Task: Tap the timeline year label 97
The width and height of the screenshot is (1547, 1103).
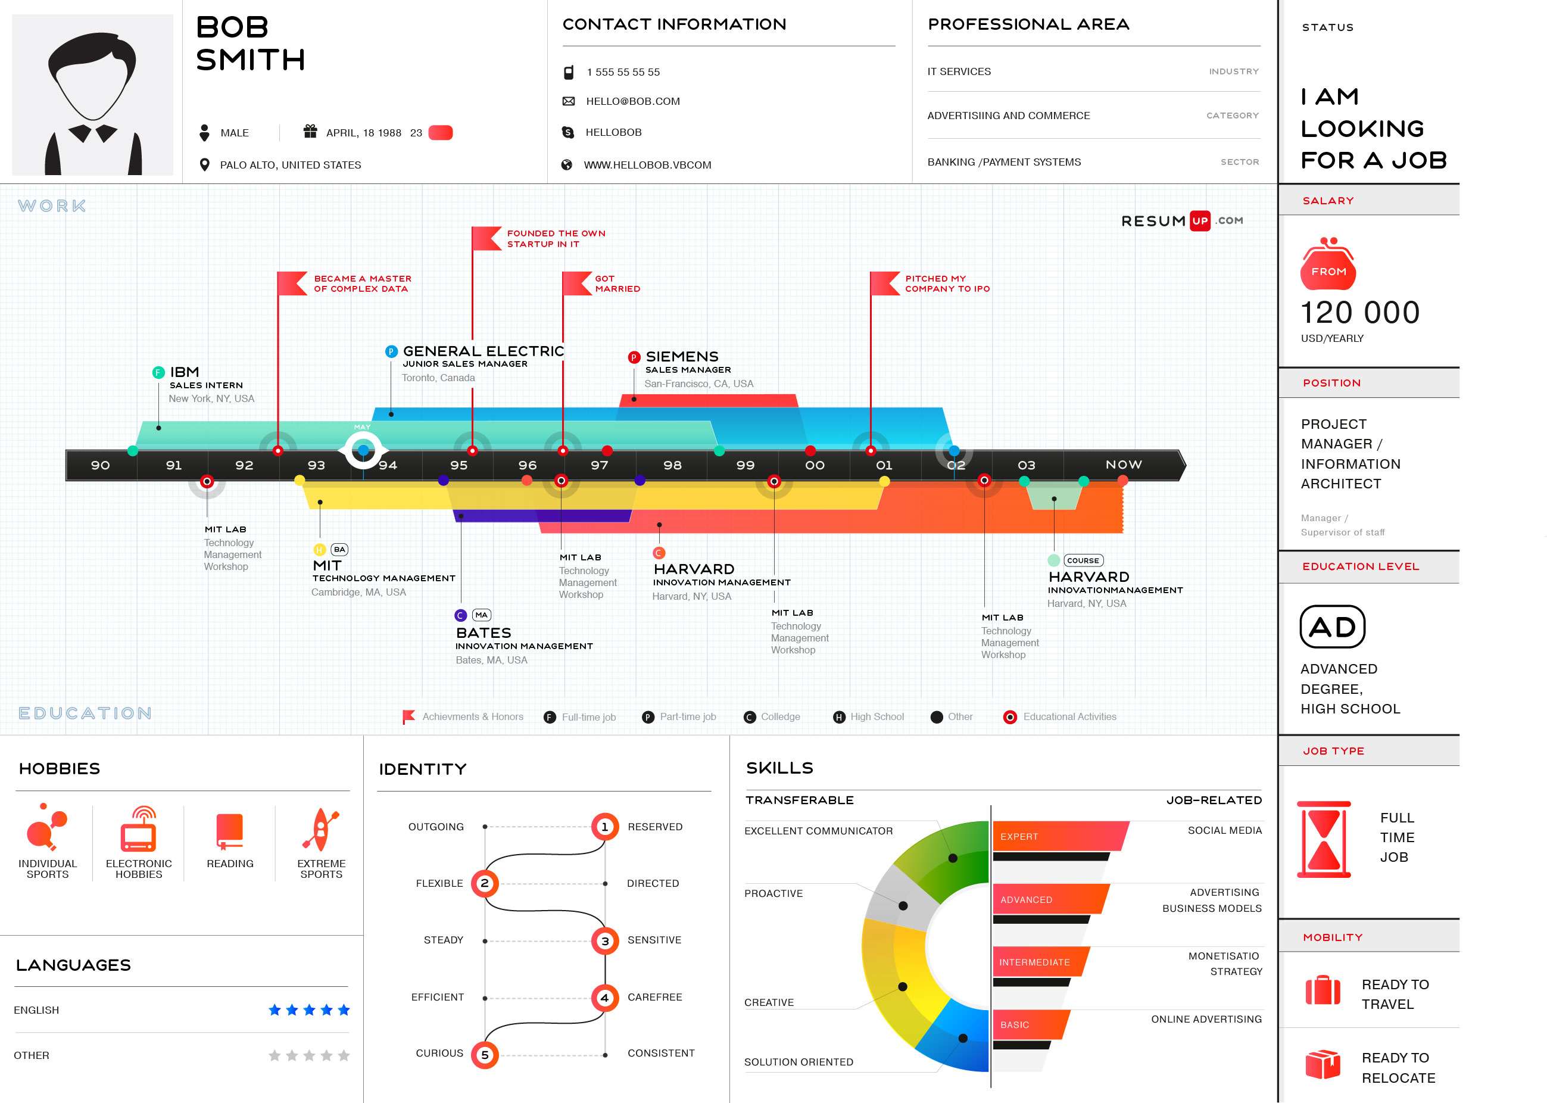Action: (x=599, y=465)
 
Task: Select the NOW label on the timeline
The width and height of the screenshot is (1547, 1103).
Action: (x=1123, y=465)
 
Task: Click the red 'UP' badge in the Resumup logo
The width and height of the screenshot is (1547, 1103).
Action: (x=1199, y=221)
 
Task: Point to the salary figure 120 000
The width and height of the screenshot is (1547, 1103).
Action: (x=1359, y=313)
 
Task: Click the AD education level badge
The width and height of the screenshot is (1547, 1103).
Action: (x=1331, y=627)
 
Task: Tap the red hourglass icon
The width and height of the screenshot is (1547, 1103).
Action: (x=1324, y=840)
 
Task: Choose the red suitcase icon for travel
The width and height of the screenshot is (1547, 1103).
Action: (x=1323, y=990)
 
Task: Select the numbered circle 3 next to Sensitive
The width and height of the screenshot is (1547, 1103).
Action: (x=604, y=940)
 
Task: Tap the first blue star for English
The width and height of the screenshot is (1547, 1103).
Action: (x=275, y=1010)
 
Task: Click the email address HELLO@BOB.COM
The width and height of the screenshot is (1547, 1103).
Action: (x=632, y=101)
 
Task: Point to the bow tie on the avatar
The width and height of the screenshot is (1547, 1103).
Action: (x=93, y=132)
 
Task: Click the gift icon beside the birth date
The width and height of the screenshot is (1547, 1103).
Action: (x=310, y=131)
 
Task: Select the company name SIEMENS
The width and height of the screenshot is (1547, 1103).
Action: (x=681, y=357)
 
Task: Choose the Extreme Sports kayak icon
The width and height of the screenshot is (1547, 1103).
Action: (x=321, y=830)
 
